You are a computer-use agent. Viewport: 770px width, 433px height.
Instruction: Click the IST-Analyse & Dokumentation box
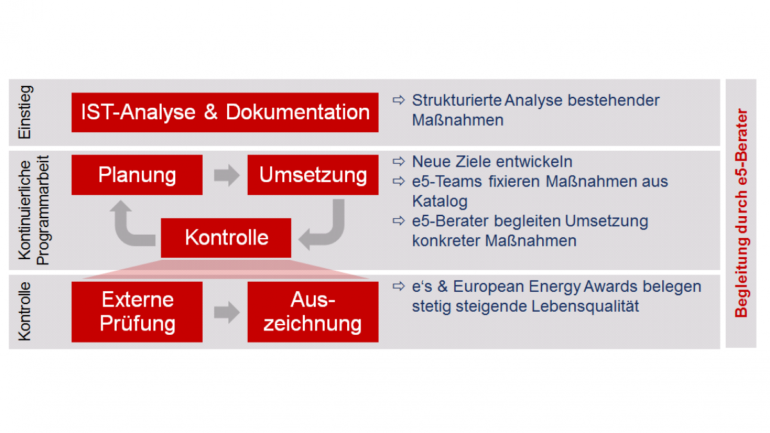coord(225,112)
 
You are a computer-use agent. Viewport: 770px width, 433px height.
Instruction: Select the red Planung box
coord(137,175)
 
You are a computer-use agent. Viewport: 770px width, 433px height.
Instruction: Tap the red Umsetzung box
coord(313,175)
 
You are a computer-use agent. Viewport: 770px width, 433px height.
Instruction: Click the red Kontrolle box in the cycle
coord(226,238)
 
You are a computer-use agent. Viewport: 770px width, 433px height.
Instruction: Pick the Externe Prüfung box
coord(137,312)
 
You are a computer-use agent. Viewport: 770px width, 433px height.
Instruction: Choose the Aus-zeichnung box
coord(313,312)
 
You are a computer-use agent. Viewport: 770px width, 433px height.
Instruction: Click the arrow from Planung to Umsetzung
coord(227,175)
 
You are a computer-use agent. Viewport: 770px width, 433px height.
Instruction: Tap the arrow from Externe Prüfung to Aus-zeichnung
coord(227,312)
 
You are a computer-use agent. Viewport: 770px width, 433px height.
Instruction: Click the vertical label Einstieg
coord(25,112)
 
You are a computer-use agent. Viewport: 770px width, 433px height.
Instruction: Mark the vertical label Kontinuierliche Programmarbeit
coord(33,210)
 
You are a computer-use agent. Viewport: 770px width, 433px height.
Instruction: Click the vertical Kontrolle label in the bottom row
coord(25,311)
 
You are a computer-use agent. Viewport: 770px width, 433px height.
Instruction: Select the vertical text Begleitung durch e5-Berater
coord(741,213)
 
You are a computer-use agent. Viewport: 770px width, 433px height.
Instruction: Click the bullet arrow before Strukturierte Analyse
coord(398,100)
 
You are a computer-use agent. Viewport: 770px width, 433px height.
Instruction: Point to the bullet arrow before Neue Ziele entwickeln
coord(398,161)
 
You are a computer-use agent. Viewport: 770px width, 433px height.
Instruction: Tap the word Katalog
coord(440,201)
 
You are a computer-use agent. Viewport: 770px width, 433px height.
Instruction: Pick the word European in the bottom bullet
coord(488,287)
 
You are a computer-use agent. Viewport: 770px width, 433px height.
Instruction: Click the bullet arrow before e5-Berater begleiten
coord(398,221)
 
